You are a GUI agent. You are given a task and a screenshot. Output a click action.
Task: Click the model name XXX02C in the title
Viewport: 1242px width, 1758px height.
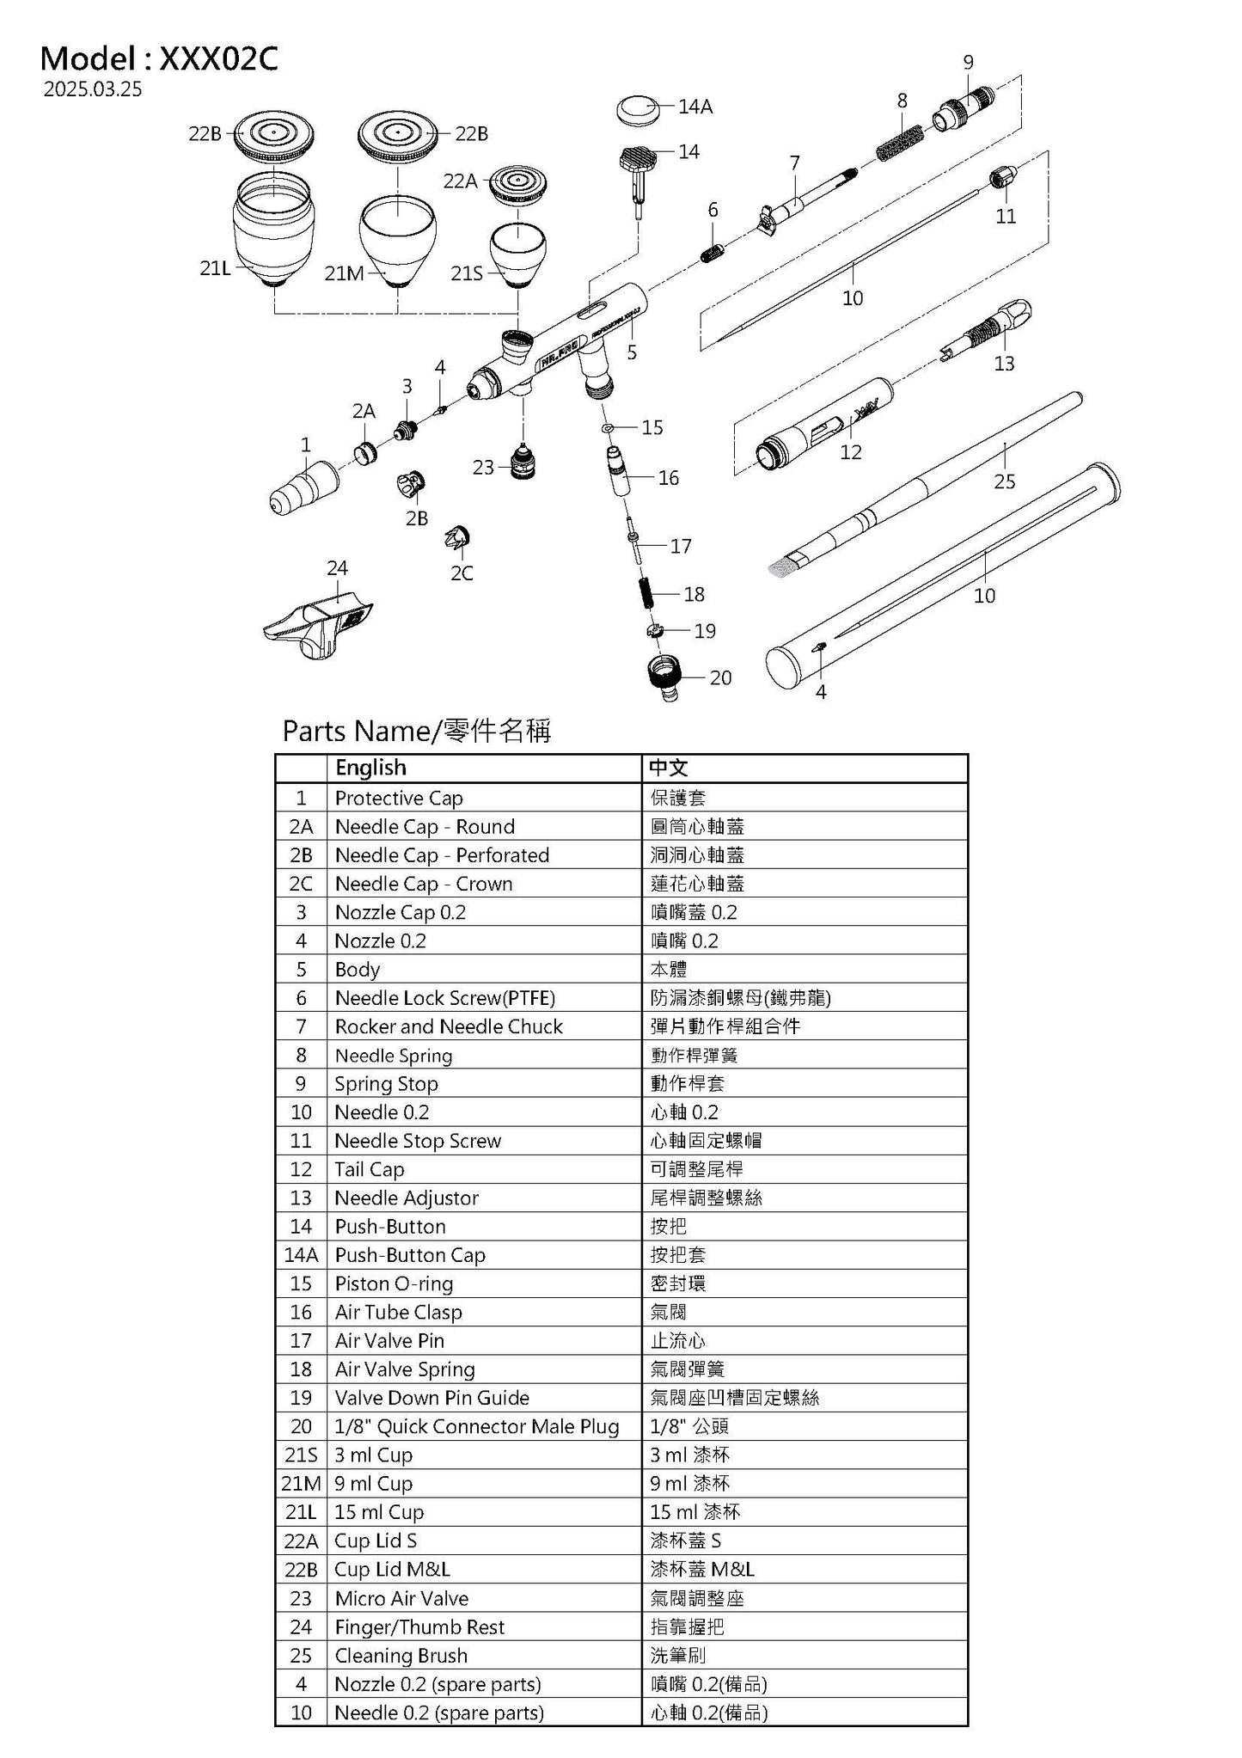click(219, 58)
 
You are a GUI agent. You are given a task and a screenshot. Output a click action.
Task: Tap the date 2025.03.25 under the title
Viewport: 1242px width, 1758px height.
click(93, 89)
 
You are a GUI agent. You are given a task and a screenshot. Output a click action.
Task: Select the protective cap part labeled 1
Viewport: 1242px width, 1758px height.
click(303, 487)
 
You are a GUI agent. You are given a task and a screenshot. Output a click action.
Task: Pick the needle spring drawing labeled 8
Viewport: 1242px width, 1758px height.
click(901, 142)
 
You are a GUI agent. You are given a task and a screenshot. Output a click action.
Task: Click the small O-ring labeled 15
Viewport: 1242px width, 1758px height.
click(607, 427)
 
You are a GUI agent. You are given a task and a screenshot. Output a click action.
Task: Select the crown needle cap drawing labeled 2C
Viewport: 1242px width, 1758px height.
click(457, 538)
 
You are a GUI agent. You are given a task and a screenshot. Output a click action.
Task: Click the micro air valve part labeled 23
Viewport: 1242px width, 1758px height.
click(520, 463)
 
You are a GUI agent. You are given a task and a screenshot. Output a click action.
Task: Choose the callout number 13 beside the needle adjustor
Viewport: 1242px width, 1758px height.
click(1004, 364)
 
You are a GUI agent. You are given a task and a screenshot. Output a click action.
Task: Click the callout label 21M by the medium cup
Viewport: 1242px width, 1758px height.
click(344, 273)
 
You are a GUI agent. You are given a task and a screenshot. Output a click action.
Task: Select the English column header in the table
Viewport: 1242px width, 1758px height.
click(370, 768)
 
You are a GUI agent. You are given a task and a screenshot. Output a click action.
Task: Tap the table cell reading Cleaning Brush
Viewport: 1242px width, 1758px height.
click(401, 1655)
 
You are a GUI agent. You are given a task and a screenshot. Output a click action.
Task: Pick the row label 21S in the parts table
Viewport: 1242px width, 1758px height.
click(301, 1455)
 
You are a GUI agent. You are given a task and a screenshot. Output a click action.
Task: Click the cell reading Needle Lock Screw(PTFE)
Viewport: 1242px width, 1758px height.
click(444, 998)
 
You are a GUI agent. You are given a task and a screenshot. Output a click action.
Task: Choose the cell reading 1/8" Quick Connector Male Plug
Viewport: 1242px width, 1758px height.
click(476, 1426)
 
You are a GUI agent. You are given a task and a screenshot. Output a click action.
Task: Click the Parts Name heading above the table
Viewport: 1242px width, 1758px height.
click(416, 731)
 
